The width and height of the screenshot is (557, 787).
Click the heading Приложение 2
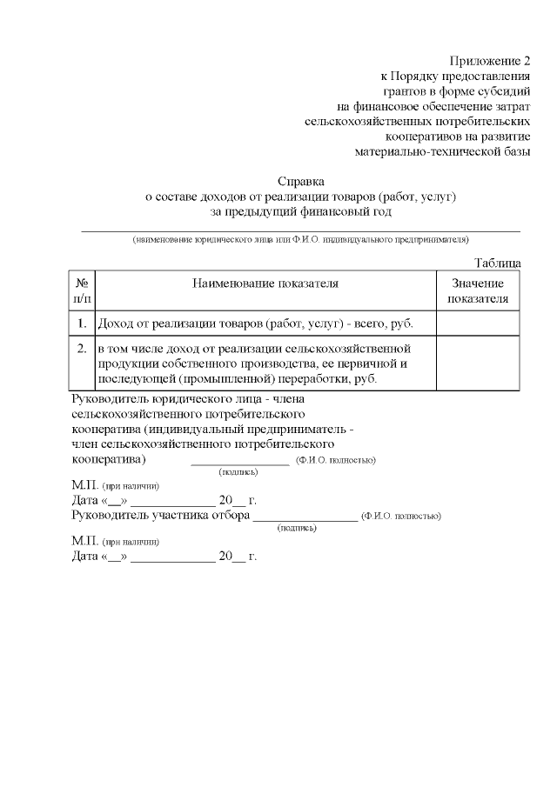pos(489,61)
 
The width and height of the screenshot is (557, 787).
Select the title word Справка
pos(300,182)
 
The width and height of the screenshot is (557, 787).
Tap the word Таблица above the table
pos(497,263)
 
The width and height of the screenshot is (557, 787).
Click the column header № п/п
pos(82,290)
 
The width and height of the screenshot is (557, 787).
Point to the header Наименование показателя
pos(265,283)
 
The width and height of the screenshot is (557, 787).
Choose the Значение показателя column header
pos(477,290)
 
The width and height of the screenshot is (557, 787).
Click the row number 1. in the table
pos(82,323)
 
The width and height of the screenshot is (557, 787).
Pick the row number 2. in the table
pos(82,350)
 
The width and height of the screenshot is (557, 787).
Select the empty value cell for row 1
pos(477,323)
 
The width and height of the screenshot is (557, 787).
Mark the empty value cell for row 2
pos(477,364)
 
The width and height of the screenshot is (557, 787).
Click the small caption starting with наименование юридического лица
pos(300,239)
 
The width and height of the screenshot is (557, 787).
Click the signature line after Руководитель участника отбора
pos(305,517)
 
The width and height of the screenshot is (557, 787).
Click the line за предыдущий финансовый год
pos(300,211)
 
